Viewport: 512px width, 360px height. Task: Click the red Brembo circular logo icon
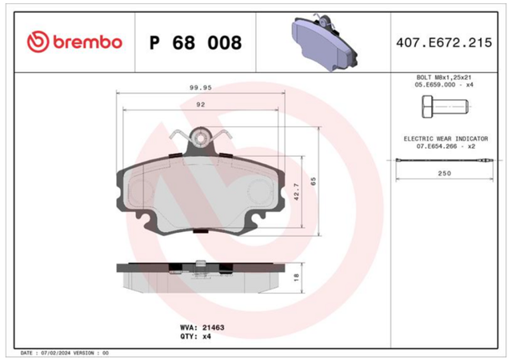(38, 42)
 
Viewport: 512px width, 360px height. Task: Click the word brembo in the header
(87, 42)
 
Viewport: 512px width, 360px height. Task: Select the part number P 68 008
(195, 42)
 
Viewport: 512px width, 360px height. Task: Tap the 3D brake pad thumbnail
(324, 42)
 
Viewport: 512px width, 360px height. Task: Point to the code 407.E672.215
(444, 42)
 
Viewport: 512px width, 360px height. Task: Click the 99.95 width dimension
(201, 87)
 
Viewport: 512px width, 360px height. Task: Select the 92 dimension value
(201, 105)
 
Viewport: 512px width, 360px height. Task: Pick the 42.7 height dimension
(297, 192)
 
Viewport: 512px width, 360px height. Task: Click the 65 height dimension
(313, 182)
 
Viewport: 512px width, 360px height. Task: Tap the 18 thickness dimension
(296, 278)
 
